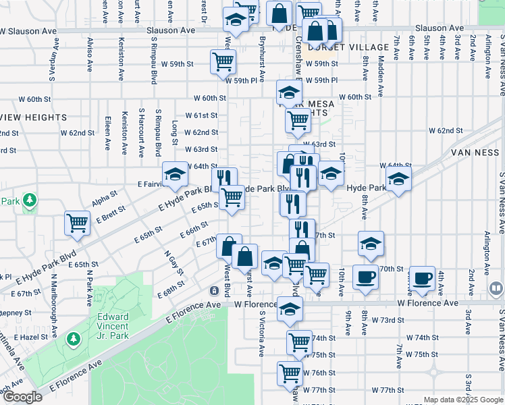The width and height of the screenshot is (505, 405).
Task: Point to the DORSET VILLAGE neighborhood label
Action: (x=348, y=47)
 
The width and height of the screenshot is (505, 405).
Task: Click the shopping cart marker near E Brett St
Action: (x=78, y=223)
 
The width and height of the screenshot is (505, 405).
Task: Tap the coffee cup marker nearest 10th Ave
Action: (x=365, y=276)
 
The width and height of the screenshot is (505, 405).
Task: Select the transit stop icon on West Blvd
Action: (x=214, y=291)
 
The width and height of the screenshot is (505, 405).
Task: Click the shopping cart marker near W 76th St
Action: (x=290, y=373)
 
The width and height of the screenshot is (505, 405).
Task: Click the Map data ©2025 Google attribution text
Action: (x=463, y=400)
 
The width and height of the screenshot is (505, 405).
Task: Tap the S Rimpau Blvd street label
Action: (x=158, y=132)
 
